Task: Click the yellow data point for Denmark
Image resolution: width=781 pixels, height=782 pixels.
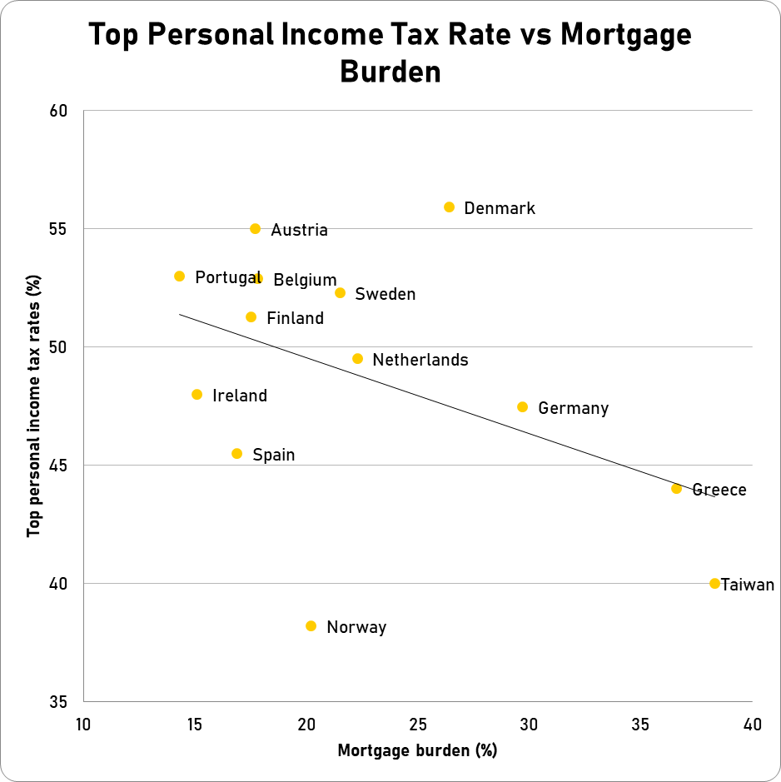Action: [449, 207]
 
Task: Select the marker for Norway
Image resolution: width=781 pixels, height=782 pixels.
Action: [311, 626]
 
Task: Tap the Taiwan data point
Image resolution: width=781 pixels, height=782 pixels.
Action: [714, 584]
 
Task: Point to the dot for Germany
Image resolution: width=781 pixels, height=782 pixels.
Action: [523, 407]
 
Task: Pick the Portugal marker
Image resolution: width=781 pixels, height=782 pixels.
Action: [180, 276]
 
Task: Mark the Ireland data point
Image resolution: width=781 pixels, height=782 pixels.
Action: [197, 395]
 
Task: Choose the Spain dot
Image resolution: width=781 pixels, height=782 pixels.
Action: [237, 454]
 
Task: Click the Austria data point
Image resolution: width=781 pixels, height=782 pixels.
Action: [256, 229]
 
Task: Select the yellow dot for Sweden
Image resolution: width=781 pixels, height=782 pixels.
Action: [340, 293]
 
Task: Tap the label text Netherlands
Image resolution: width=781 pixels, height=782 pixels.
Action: [420, 361]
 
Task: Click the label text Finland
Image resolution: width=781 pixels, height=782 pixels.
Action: [296, 318]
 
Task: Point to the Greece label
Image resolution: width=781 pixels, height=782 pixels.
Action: [719, 490]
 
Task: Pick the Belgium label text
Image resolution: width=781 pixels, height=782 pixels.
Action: [306, 281]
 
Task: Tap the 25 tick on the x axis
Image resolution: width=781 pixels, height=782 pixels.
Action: [418, 725]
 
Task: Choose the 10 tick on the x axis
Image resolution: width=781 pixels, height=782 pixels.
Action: [83, 725]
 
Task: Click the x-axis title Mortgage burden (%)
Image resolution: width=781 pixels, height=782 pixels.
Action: [417, 751]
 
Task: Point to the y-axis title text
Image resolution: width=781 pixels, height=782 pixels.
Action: [34, 406]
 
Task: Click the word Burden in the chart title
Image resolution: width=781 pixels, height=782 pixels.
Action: [390, 72]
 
